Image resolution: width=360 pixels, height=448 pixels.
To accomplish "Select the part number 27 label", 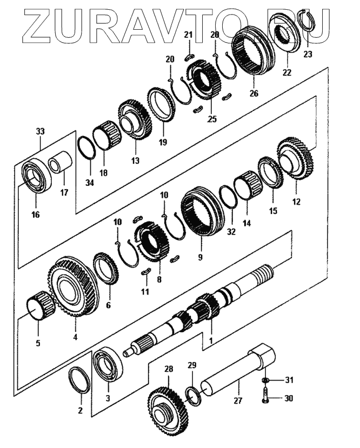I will (x=238, y=400).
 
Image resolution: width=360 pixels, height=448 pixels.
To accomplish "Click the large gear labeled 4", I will (x=71, y=286).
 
